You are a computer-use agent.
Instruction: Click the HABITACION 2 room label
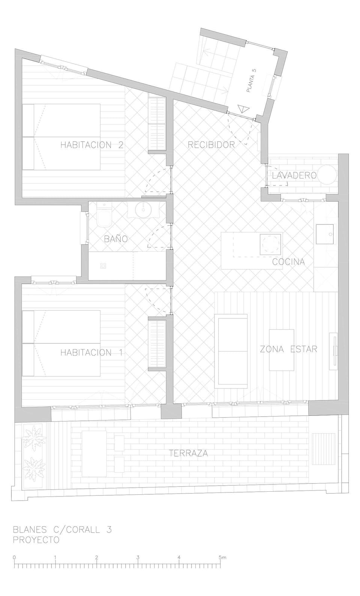tap(92, 145)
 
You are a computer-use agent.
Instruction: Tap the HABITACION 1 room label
tap(92, 352)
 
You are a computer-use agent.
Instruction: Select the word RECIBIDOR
tap(211, 145)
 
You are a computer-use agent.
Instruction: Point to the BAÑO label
tap(115, 239)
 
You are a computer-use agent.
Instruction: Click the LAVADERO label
tap(294, 175)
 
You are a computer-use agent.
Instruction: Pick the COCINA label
tap(288, 262)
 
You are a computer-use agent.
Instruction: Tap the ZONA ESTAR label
tap(289, 349)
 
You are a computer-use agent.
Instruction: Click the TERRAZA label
tap(189, 453)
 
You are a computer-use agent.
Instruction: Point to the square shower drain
tap(103, 266)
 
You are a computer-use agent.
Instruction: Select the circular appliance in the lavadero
tap(328, 175)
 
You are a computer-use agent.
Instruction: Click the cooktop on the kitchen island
tap(270, 245)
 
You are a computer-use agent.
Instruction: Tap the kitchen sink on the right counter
tap(325, 234)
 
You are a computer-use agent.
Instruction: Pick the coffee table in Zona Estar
tap(282, 350)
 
